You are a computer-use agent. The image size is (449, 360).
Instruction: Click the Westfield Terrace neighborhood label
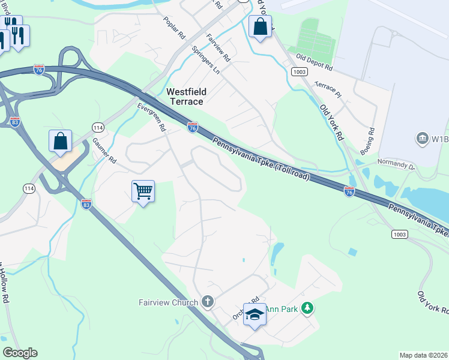point(186,96)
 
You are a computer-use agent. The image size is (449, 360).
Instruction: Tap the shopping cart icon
point(143,191)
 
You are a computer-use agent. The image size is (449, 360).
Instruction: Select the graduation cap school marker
point(255,314)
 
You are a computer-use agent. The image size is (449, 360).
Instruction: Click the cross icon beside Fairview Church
point(208,301)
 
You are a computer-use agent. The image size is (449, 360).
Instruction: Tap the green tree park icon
point(307,308)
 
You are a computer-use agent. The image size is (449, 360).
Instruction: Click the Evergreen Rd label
point(151,116)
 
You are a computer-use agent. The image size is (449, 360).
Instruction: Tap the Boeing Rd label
point(372,139)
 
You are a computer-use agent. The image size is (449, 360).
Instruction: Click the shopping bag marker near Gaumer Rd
point(60,142)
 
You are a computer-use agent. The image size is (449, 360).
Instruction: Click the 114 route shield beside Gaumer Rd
point(97,127)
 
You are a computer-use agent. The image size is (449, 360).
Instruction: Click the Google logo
point(20,353)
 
